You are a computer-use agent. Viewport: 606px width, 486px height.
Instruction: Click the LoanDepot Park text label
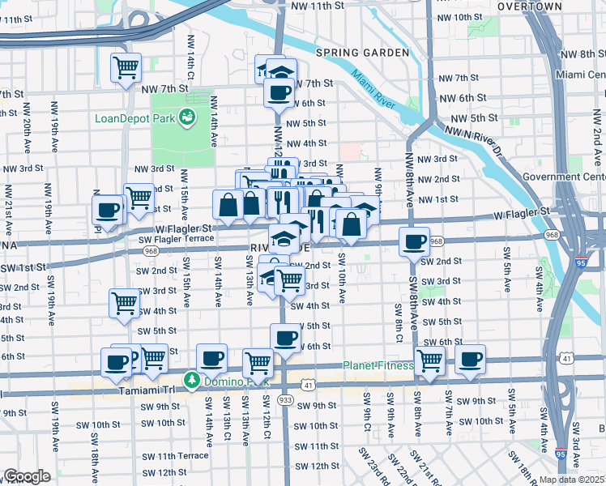point(134,117)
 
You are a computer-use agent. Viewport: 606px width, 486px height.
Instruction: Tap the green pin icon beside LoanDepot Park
point(187,117)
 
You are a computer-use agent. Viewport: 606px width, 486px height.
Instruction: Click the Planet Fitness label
point(377,365)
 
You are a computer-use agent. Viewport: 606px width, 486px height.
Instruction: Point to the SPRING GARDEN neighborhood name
point(362,53)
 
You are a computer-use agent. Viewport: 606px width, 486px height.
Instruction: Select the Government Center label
point(563,177)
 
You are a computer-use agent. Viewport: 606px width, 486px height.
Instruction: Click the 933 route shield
point(285,399)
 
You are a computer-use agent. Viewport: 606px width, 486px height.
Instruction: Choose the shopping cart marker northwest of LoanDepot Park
point(126,69)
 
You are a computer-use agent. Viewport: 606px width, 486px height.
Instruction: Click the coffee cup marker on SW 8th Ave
point(415,241)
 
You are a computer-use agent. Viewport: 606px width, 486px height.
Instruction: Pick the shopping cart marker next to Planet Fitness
point(429,361)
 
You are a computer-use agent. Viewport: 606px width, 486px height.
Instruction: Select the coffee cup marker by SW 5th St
point(284,337)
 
